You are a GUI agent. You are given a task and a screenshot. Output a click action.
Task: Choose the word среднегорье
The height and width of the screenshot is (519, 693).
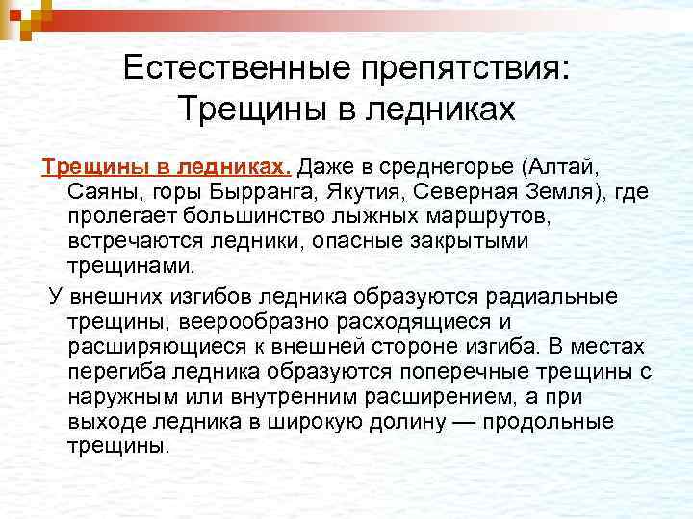pyautogui.click(x=442, y=166)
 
